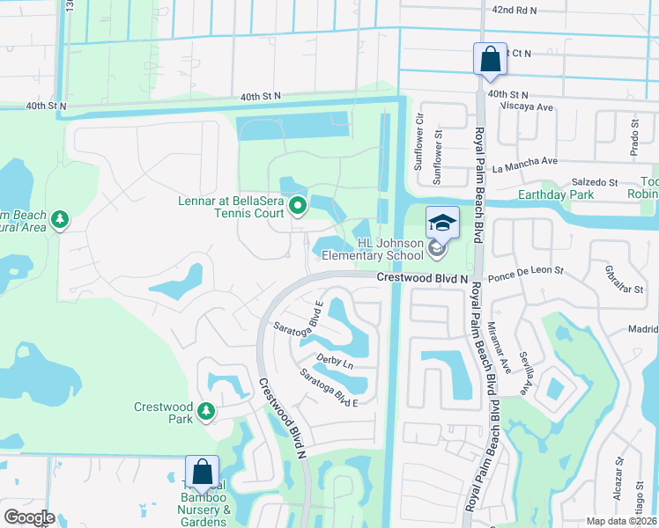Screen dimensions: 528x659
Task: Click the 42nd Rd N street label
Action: pyautogui.click(x=515, y=10)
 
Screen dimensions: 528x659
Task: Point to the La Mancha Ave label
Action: pyautogui.click(x=525, y=161)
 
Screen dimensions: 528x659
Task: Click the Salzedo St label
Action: pyautogui.click(x=596, y=181)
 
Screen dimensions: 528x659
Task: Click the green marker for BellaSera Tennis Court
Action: pyautogui.click(x=298, y=207)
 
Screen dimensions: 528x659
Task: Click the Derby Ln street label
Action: pyautogui.click(x=335, y=362)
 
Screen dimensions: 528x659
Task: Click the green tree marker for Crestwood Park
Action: pyautogui.click(x=206, y=411)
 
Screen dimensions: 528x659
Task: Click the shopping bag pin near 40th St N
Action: pyautogui.click(x=490, y=60)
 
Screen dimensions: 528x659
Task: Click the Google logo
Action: pyautogui.click(x=29, y=517)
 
